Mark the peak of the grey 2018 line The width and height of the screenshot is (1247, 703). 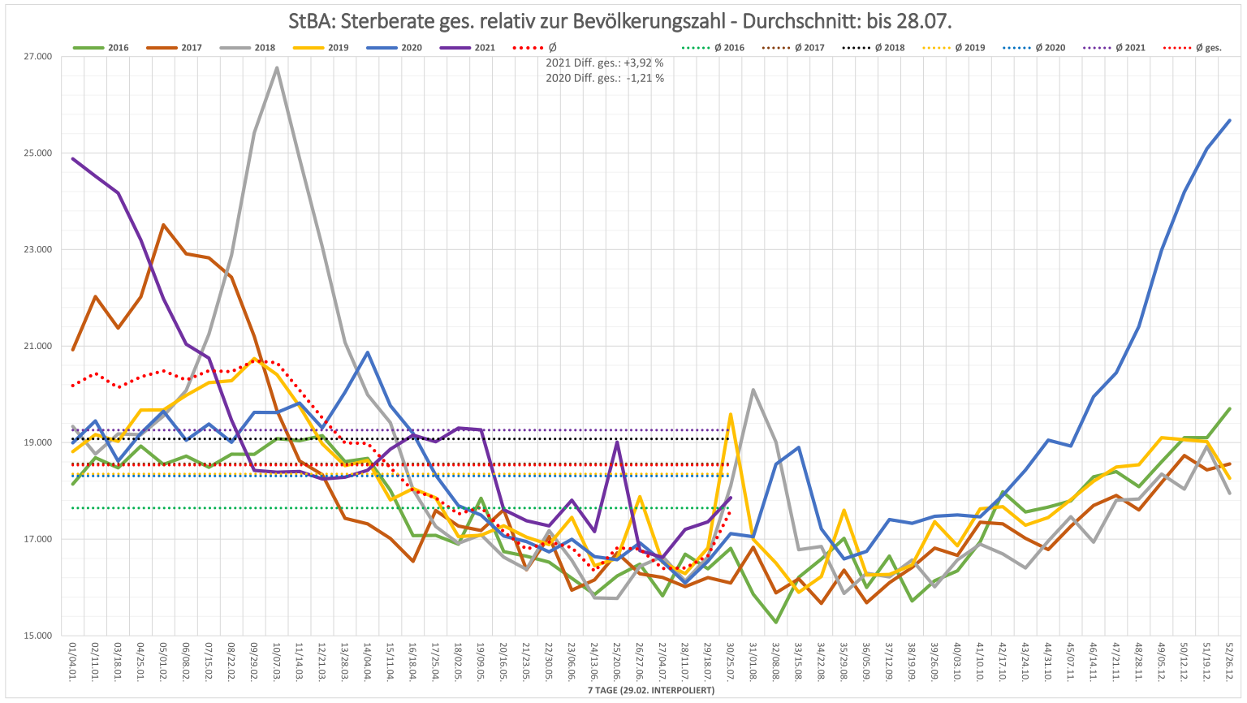[x=277, y=67]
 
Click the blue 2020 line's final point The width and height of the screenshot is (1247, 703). [x=1230, y=120]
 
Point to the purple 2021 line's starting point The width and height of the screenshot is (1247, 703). [x=73, y=158]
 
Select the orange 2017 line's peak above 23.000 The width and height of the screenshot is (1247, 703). [x=163, y=225]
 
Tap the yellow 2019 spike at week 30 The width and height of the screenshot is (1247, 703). [x=731, y=415]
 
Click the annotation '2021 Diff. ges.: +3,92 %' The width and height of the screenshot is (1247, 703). [x=605, y=63]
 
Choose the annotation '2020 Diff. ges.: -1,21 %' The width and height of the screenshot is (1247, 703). [x=605, y=78]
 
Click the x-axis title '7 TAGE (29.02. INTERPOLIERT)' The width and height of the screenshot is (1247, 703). [x=652, y=690]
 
